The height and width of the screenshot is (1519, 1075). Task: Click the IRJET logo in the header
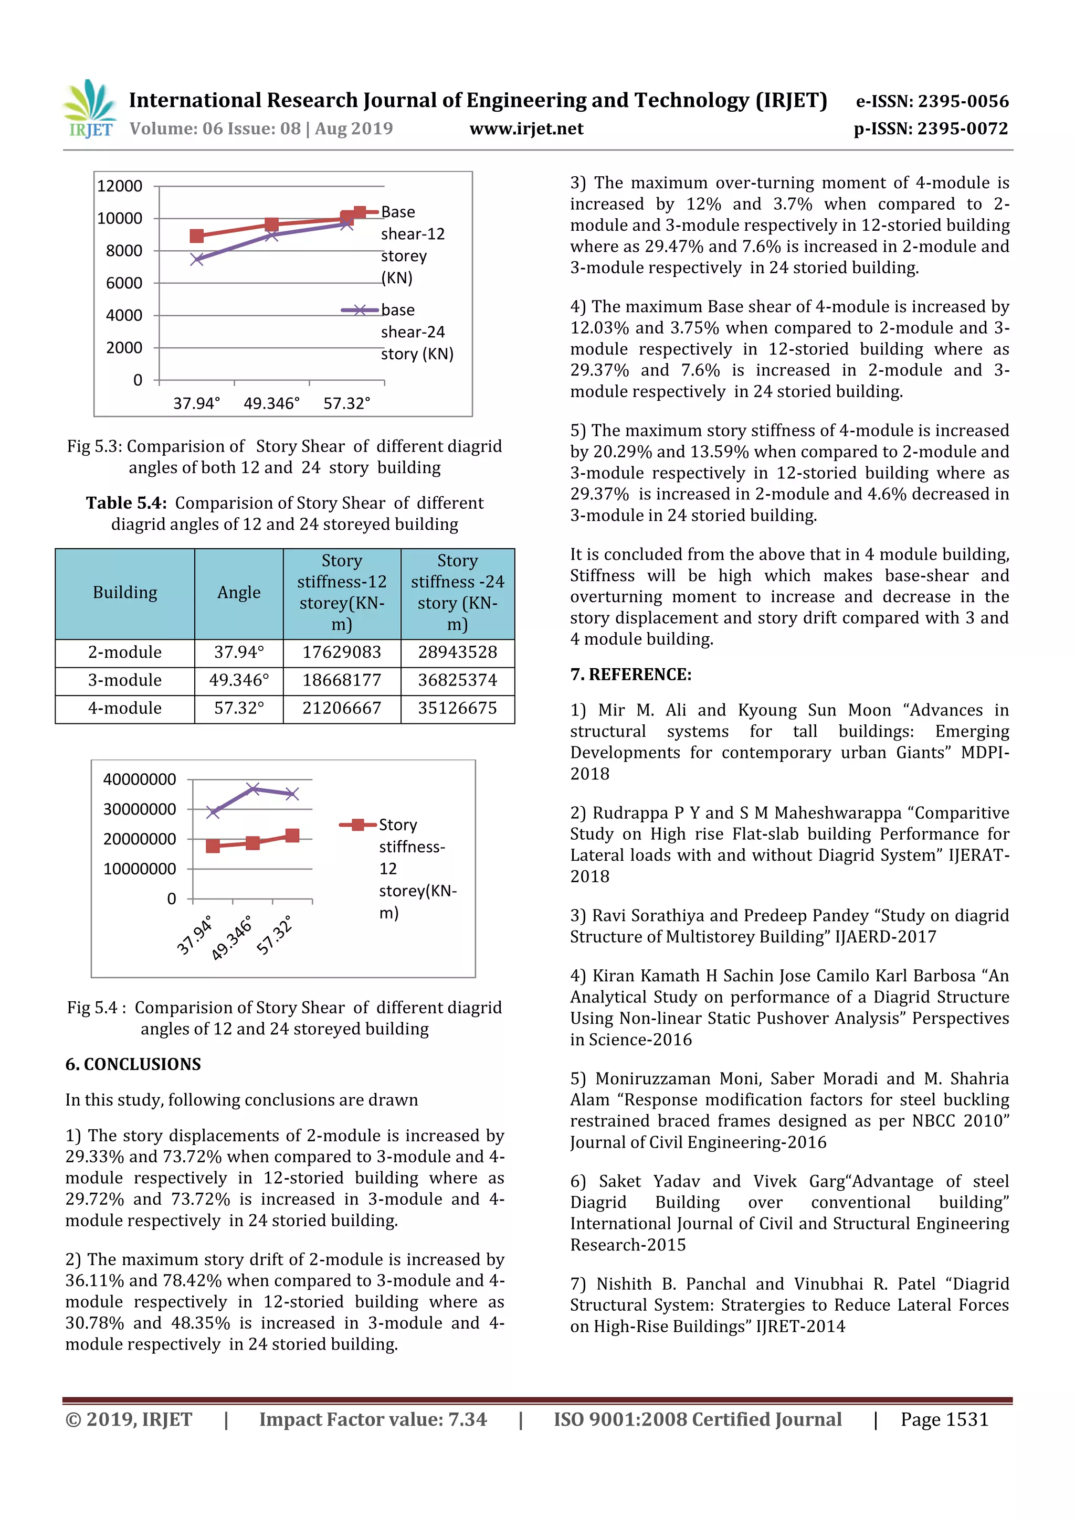91,109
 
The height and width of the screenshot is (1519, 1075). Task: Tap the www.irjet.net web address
526,129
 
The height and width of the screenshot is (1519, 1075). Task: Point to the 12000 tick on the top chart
120,186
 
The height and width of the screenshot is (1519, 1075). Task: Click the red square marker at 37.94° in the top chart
197,236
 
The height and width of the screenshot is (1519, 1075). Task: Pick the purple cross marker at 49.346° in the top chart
271,235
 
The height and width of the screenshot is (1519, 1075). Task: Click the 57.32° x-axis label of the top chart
347,403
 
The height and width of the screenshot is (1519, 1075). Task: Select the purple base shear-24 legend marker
360,311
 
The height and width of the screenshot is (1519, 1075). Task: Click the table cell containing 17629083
342,652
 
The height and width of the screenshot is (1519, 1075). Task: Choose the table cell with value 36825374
457,680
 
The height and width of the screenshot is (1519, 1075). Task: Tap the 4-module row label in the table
124,708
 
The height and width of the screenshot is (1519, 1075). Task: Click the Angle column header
238,593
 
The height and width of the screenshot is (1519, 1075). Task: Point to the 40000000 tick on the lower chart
140,779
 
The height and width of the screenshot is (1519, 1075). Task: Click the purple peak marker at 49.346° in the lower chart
253,788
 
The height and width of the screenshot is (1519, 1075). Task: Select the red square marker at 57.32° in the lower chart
292,836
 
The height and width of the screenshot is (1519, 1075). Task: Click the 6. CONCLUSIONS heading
133,1064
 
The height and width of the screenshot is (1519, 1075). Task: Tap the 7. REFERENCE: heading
630,675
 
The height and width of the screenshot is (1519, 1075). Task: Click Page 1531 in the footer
944,1419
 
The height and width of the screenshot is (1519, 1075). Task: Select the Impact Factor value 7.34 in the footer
373,1419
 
